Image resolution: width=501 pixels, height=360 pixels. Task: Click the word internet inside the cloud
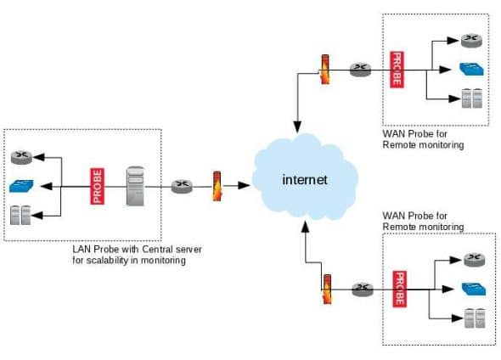coord(305,180)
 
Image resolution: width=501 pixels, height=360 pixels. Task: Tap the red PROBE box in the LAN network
coord(96,186)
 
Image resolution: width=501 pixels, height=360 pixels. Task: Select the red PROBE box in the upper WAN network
coord(395,69)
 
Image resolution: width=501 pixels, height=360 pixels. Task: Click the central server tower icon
coord(135,185)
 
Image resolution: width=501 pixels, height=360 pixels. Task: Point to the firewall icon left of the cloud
coord(217,186)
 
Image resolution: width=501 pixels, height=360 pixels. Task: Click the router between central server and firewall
coord(182,186)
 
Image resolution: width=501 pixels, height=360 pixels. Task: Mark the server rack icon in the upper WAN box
coord(470,98)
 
